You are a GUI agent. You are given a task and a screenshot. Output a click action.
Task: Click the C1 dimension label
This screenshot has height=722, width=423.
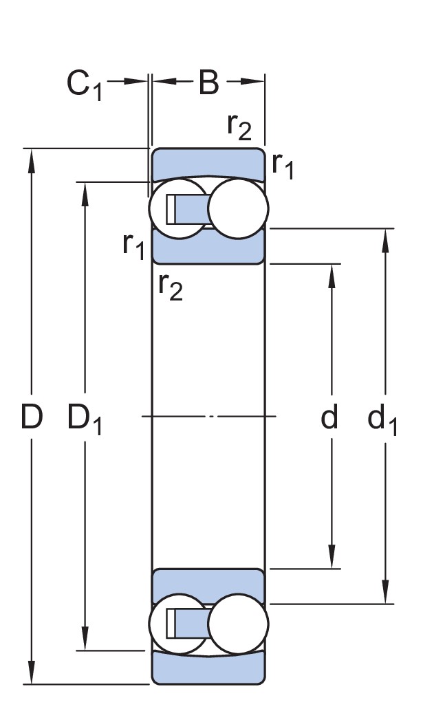tap(85, 85)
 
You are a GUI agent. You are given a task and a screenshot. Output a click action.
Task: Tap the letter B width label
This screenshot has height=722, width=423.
tap(208, 83)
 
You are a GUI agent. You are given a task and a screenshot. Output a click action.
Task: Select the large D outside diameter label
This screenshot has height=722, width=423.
tap(32, 417)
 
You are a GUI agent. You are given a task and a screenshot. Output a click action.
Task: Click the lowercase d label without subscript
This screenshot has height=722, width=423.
tap(330, 417)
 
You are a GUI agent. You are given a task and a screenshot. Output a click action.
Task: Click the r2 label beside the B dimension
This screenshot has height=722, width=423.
tap(240, 126)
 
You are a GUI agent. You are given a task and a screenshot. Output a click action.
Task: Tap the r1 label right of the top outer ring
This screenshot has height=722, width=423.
tap(283, 166)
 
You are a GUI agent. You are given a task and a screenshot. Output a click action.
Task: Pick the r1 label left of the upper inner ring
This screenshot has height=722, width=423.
tap(133, 245)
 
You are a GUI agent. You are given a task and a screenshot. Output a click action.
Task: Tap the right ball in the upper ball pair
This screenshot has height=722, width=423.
tap(237, 208)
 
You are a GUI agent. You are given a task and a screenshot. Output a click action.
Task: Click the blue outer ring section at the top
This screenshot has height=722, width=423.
tap(208, 162)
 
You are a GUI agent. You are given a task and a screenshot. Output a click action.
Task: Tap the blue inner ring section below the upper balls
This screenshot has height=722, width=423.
tap(208, 249)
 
